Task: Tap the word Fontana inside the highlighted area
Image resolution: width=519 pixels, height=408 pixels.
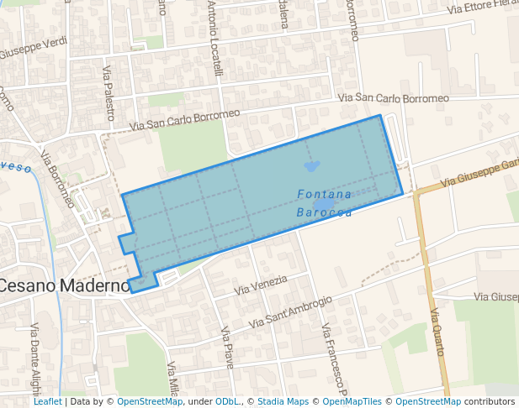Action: pyautogui.click(x=325, y=195)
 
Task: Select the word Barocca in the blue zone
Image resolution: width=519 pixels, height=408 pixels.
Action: pyautogui.click(x=324, y=213)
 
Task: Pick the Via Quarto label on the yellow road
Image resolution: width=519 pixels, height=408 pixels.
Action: pyautogui.click(x=437, y=332)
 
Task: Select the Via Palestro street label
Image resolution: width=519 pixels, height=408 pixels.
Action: pyautogui.click(x=109, y=93)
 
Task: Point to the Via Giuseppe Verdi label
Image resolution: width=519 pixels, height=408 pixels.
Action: pyautogui.click(x=34, y=48)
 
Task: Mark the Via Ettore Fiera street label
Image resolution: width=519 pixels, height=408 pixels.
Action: pyautogui.click(x=482, y=7)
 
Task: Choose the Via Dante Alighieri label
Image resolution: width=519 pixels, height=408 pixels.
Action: pyautogui.click(x=36, y=356)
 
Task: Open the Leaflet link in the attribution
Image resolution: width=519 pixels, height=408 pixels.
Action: pyautogui.click(x=47, y=401)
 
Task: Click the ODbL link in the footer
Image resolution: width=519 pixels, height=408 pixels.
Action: pyautogui.click(x=228, y=401)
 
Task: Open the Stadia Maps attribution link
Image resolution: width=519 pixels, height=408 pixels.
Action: pyautogui.click(x=283, y=401)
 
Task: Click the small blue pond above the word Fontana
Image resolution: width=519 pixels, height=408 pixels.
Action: pyautogui.click(x=312, y=166)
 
